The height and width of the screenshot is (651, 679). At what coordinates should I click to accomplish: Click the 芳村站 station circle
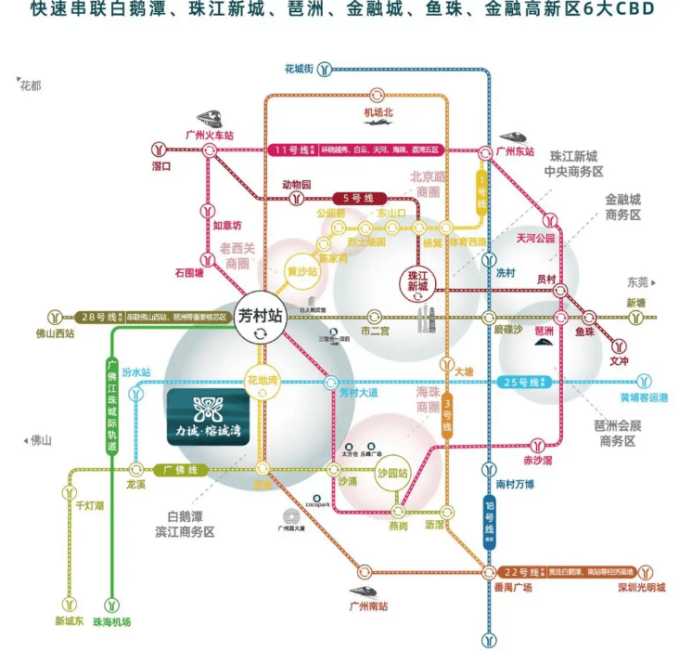[259, 319]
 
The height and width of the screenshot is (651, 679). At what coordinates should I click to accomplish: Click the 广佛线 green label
[180, 470]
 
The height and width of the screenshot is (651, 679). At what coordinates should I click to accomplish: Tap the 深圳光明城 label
[639, 588]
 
